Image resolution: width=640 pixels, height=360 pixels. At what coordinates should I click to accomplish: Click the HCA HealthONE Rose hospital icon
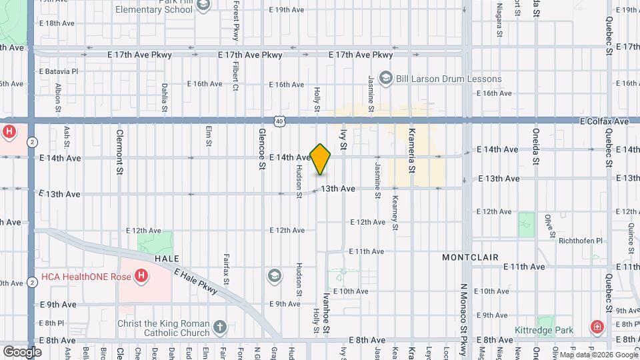coord(141,275)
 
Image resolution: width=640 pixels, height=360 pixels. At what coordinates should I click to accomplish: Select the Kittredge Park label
coord(544,330)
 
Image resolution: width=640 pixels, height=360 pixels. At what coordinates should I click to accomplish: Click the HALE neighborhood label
coord(168,258)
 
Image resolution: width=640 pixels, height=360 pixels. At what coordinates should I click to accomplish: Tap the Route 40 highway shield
coord(279,121)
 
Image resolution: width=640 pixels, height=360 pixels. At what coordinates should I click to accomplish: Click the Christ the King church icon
coord(220,327)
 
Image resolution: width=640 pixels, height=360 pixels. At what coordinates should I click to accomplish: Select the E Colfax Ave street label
coord(604,122)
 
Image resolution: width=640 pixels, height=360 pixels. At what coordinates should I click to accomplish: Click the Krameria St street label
coord(412,151)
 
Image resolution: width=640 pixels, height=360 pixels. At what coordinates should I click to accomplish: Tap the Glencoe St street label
coord(262,149)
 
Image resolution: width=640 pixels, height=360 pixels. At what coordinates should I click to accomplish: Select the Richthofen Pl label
coord(581,241)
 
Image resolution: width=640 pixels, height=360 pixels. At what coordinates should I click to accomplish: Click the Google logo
coord(22,351)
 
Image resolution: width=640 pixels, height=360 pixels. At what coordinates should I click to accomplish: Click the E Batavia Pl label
coord(59,71)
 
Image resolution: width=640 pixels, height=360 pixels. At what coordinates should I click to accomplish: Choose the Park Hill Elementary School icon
coord(204,6)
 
